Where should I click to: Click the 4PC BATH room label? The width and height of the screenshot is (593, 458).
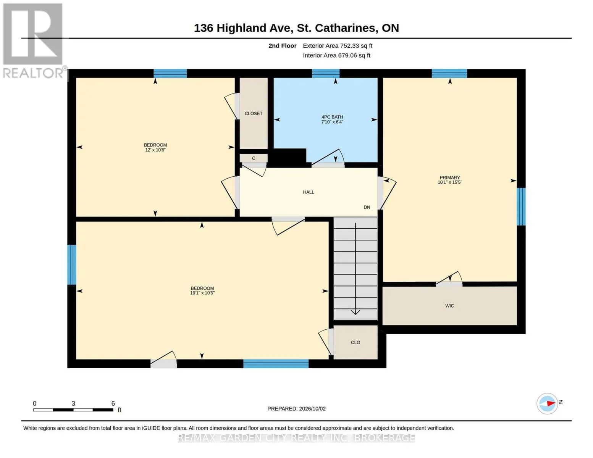coord(332,117)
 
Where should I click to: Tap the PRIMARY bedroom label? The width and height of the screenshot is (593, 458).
coord(450,177)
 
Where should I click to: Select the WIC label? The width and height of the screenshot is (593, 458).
coord(449,306)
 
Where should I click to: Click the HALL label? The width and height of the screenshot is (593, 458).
coord(309,192)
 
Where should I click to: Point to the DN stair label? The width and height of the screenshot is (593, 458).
coord(367,207)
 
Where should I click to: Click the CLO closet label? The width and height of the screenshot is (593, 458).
coord(355,342)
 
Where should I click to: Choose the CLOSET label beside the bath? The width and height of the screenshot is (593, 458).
coord(253,113)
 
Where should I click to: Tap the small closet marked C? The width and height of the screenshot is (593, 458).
coord(254,158)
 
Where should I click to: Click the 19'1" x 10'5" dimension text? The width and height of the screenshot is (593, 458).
coord(202,293)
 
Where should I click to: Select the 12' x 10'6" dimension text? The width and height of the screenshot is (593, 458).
coord(155,150)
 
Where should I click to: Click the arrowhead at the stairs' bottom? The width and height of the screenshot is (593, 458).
coord(355,313)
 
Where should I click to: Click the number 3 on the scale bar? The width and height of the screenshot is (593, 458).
coord(73,403)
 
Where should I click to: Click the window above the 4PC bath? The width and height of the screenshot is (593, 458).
coord(326,73)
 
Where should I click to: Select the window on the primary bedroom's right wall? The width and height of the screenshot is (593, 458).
coord(521,206)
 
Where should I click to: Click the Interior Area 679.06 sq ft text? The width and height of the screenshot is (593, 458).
coord(336,55)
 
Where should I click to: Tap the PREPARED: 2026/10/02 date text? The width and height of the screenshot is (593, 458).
coord(296,409)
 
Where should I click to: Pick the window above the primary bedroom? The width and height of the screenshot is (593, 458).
coord(449,73)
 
